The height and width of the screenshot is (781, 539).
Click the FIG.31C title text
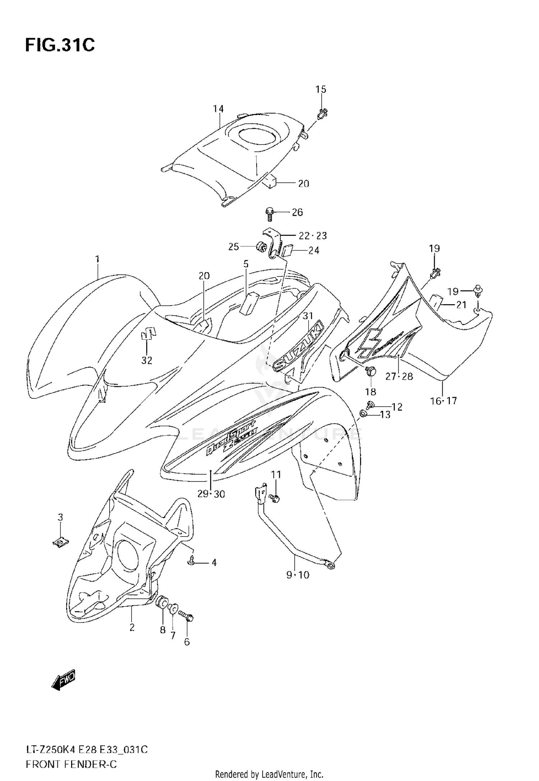click(60, 46)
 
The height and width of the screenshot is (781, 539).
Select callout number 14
click(218, 109)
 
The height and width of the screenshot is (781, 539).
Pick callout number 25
click(234, 247)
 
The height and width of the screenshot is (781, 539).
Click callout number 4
click(214, 562)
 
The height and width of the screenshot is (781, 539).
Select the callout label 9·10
click(298, 575)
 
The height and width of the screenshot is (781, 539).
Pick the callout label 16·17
click(443, 401)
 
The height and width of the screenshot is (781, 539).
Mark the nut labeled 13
click(363, 415)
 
